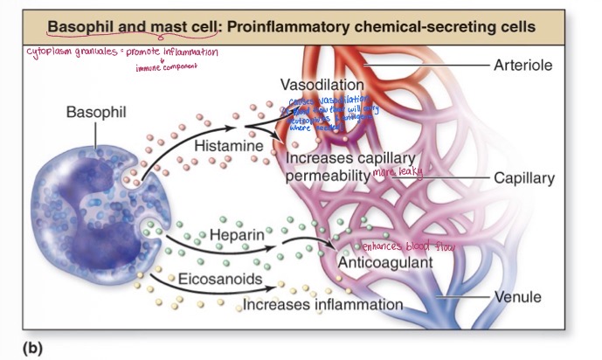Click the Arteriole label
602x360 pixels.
click(523, 66)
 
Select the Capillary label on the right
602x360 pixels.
click(524, 178)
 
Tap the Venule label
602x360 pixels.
click(518, 297)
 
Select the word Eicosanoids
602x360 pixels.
click(213, 279)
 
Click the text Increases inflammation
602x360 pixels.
click(322, 305)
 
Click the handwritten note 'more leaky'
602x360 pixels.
click(398, 173)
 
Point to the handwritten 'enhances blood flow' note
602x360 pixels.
click(408, 246)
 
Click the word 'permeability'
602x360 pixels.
click(327, 177)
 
